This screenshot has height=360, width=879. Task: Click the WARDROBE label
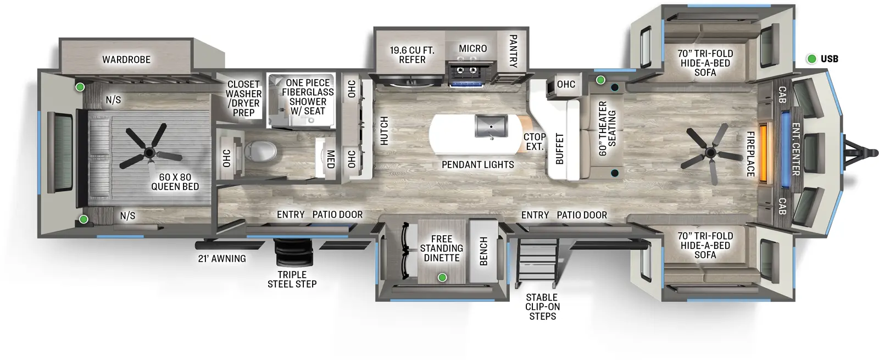point(126,59)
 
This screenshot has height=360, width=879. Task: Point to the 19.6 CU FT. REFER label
point(412,54)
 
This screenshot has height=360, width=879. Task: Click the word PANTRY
point(513,51)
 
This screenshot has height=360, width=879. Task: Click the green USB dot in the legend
point(811,59)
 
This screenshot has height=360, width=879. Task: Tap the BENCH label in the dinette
point(483,251)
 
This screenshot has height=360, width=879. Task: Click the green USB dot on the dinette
point(442,278)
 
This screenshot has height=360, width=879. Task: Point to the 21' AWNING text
point(222,258)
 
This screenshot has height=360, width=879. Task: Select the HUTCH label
point(384,131)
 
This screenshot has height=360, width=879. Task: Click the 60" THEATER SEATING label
point(607,128)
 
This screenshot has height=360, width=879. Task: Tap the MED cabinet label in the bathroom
point(330,159)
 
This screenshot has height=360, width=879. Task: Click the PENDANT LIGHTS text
point(477,164)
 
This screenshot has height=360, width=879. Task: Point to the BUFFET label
point(559,148)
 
